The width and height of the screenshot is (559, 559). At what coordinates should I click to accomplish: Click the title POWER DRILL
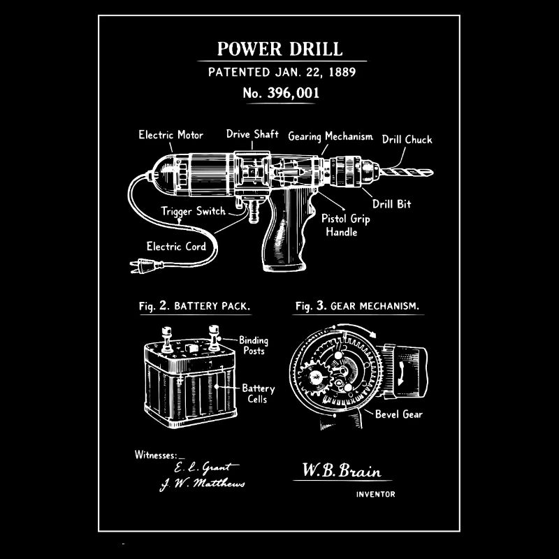(x=280, y=49)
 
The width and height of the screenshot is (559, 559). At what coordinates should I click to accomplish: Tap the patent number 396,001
(x=293, y=93)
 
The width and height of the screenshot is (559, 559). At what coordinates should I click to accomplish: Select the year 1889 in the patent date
(x=342, y=72)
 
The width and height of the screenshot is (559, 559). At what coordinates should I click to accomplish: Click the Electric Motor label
(x=170, y=135)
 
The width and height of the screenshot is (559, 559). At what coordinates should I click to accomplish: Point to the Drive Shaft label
(x=252, y=134)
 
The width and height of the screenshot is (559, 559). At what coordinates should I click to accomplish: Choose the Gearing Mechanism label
(x=331, y=136)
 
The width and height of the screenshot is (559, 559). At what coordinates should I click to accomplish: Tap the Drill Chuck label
(x=407, y=139)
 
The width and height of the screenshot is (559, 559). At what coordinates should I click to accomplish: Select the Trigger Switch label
(x=194, y=212)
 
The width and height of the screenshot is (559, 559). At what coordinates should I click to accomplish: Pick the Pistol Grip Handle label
(x=345, y=225)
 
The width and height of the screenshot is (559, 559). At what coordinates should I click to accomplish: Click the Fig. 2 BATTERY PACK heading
(x=195, y=306)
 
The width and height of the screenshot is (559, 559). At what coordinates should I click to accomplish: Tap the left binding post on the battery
(x=167, y=340)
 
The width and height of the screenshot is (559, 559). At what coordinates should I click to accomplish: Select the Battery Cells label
(x=258, y=393)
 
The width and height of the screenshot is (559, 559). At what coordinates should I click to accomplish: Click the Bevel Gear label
(x=398, y=414)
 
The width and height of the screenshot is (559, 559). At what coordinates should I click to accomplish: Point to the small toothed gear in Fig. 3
(x=315, y=378)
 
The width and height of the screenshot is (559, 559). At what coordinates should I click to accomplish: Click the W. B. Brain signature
(x=342, y=470)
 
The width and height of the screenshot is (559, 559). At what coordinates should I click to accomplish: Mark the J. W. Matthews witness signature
(x=203, y=484)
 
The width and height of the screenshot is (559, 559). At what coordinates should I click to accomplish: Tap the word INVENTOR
(x=375, y=494)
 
